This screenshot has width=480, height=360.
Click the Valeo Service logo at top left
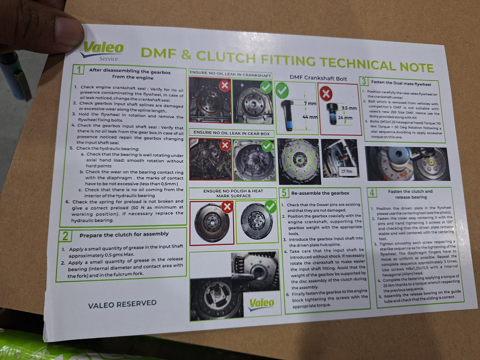[102, 51]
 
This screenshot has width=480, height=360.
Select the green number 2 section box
[65, 236]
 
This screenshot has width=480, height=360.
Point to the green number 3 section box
[364, 81]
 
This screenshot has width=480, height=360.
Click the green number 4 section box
[372, 193]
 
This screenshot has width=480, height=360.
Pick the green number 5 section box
[284, 193]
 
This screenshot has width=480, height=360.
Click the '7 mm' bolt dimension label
[310, 103]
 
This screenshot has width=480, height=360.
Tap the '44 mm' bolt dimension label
[310, 117]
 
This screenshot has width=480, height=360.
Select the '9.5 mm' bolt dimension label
[349, 108]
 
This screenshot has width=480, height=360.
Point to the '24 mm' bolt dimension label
[345, 118]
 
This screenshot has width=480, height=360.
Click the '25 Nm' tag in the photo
[348, 171]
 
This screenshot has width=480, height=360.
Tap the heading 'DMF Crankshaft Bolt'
[318, 78]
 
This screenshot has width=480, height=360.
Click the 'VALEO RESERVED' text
[122, 304]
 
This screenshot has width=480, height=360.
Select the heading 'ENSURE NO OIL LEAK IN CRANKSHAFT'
[230, 74]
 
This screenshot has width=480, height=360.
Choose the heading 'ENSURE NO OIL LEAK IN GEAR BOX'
[232, 133]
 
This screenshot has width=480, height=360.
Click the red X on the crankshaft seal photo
[225, 85]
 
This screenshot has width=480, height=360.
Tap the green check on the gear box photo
[267, 146]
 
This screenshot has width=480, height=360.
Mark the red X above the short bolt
[326, 94]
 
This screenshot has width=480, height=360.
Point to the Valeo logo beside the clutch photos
[261, 304]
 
